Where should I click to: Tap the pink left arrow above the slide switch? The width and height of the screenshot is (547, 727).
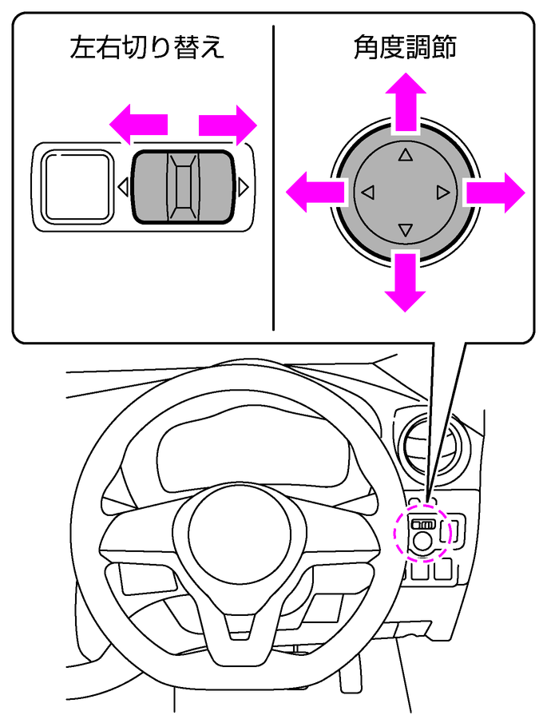[139, 125]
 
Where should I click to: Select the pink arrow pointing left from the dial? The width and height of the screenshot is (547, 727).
[315, 192]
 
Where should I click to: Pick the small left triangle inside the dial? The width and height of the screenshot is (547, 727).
[367, 193]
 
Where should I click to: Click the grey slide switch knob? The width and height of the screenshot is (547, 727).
[183, 186]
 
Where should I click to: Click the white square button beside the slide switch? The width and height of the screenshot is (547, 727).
[76, 186]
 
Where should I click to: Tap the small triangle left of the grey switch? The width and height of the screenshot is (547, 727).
[123, 187]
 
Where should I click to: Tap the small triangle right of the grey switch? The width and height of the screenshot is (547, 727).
[244, 187]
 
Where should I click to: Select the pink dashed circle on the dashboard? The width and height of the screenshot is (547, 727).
[424, 533]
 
